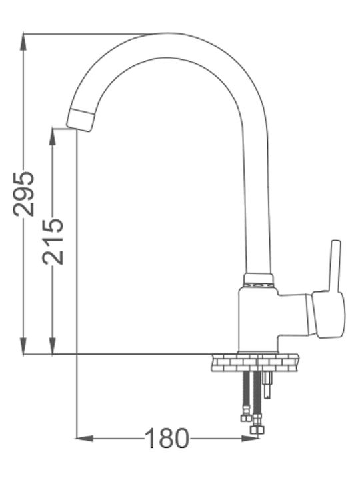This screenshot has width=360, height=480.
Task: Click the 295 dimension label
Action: tap(23, 193)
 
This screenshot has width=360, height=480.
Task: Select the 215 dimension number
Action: tap(53, 241)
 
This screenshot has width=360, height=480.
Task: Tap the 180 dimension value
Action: tap(167, 439)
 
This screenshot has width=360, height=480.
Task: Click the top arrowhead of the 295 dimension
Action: tap(23, 41)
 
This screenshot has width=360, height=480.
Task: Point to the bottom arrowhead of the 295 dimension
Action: tap(23, 346)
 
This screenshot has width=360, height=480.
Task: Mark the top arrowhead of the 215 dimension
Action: tap(53, 137)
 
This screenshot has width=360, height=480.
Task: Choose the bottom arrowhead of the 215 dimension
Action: tap(53, 346)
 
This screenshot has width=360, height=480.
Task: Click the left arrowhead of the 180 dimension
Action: tap(85, 439)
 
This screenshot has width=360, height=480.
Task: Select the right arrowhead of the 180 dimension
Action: tap(250, 439)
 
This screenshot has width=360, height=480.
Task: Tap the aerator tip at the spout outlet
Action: tap(80, 120)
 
